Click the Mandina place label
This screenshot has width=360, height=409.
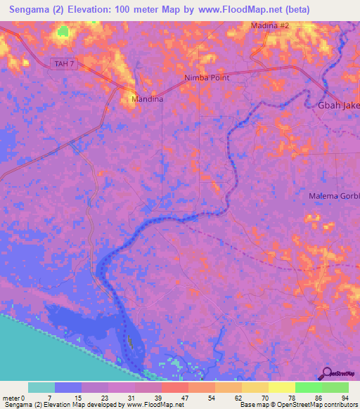coord(148,99)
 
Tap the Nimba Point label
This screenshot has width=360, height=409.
coord(207,77)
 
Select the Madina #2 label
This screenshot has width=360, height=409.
coord(270,25)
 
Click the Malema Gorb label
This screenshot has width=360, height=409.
coord(334,195)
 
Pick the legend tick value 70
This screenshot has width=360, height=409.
coord(263,398)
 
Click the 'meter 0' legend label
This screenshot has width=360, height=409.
coord(13,398)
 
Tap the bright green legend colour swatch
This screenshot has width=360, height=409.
coord(308,387)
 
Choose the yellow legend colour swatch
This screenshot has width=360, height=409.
coord(281,387)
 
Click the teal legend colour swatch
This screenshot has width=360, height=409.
coord(41,387)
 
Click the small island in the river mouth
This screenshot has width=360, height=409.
coord(131,343)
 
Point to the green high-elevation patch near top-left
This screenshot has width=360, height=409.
coord(64,32)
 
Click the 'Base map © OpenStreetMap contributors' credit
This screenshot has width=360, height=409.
coord(298,405)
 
